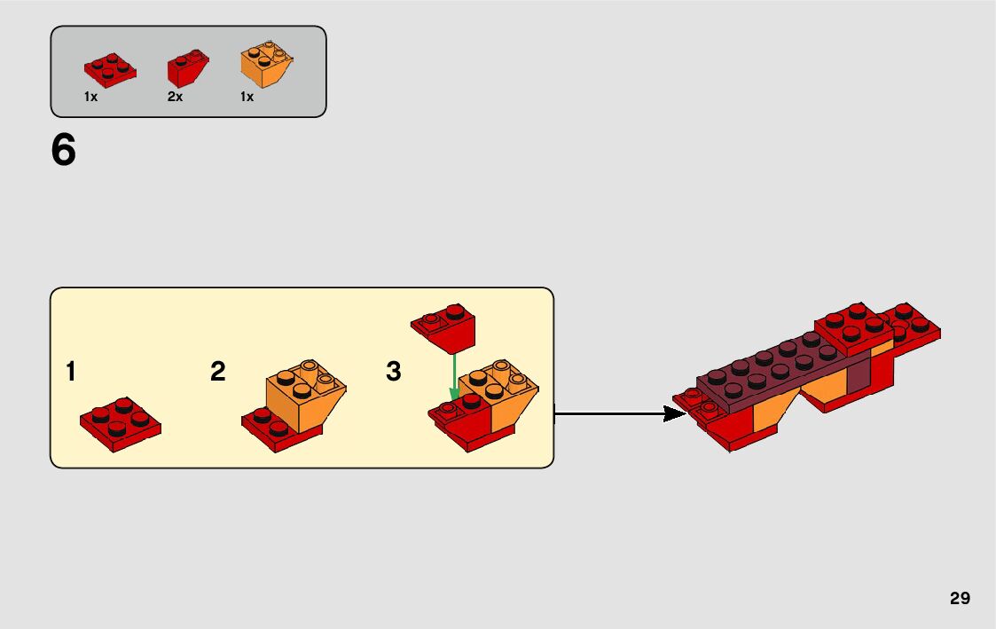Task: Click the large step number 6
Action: (64, 151)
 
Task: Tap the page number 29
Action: (960, 598)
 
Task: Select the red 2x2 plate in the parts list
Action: (110, 71)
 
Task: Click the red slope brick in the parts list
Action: (187, 69)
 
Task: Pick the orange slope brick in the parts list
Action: (266, 67)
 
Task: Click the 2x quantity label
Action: (175, 97)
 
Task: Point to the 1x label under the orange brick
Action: (247, 97)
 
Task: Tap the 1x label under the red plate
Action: (90, 97)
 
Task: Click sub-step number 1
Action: (70, 372)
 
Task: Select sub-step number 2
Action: (218, 372)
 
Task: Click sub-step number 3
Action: (394, 372)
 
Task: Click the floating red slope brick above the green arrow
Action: (443, 328)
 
